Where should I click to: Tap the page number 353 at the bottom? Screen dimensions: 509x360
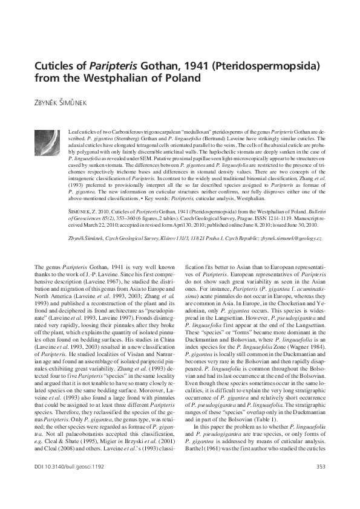(x=320, y=481)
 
